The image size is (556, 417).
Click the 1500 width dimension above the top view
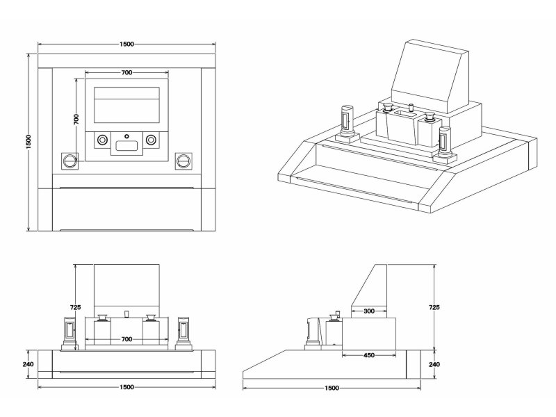click(x=126, y=44)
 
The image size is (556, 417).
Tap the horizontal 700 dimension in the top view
click(x=126, y=72)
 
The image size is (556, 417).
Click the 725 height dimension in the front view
click(x=76, y=306)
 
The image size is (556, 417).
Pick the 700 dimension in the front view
click(x=126, y=338)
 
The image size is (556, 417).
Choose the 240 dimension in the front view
click(x=28, y=363)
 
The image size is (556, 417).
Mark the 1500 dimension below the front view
click(x=126, y=387)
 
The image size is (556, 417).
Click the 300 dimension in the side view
click(x=369, y=311)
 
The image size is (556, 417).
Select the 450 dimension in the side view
click(x=369, y=356)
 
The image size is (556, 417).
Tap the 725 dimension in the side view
click(x=434, y=306)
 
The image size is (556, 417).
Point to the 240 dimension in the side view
click(x=434, y=363)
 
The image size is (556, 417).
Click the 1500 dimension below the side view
click(x=332, y=387)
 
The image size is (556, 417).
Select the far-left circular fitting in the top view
click(x=70, y=161)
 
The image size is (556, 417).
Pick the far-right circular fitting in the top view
click(x=183, y=161)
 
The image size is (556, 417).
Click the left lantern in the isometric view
click(x=346, y=125)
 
